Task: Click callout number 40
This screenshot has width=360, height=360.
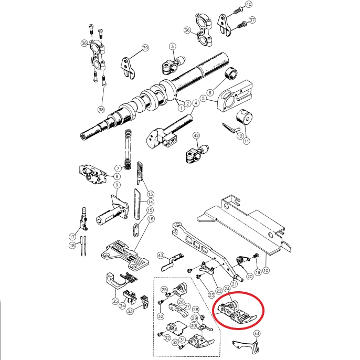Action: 248,5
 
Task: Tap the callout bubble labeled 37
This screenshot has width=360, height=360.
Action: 252,20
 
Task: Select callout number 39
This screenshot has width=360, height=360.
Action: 145,48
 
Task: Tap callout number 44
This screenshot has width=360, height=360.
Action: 257,334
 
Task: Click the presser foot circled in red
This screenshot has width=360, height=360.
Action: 235,313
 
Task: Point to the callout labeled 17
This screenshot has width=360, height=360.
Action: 72,237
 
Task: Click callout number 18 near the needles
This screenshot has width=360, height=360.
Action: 72,245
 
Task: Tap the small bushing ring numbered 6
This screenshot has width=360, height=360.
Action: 229,75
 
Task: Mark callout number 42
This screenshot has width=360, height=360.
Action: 196,136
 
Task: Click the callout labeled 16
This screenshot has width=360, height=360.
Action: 151,219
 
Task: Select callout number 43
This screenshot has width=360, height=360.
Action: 162,256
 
